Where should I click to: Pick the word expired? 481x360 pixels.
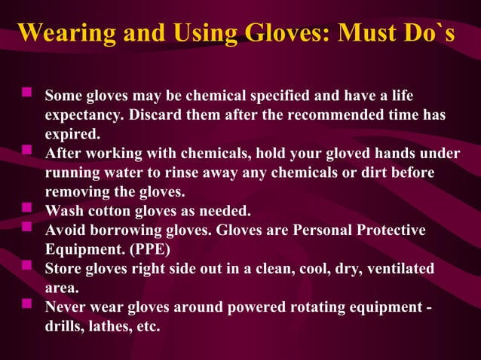coord(72,135)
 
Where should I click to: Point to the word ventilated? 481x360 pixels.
coord(398,268)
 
